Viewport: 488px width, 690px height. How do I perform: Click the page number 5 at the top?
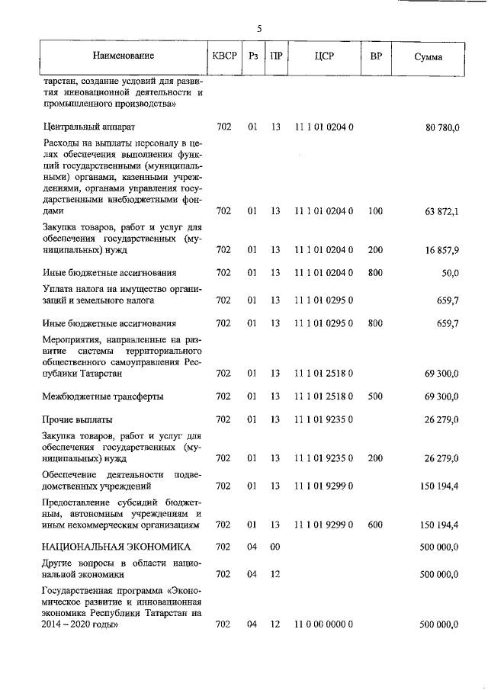click(258, 29)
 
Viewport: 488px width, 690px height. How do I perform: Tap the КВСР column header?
click(224, 56)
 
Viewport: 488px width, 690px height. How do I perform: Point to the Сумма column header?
click(429, 57)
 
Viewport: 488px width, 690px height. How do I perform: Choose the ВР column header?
click(376, 56)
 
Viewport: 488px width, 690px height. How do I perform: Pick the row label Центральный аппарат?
click(90, 127)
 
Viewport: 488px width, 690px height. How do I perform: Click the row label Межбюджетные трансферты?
click(103, 396)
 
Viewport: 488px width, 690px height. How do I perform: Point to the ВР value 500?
click(375, 396)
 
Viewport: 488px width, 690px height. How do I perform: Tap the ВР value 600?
click(375, 525)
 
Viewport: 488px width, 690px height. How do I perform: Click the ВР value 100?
click(375, 210)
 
